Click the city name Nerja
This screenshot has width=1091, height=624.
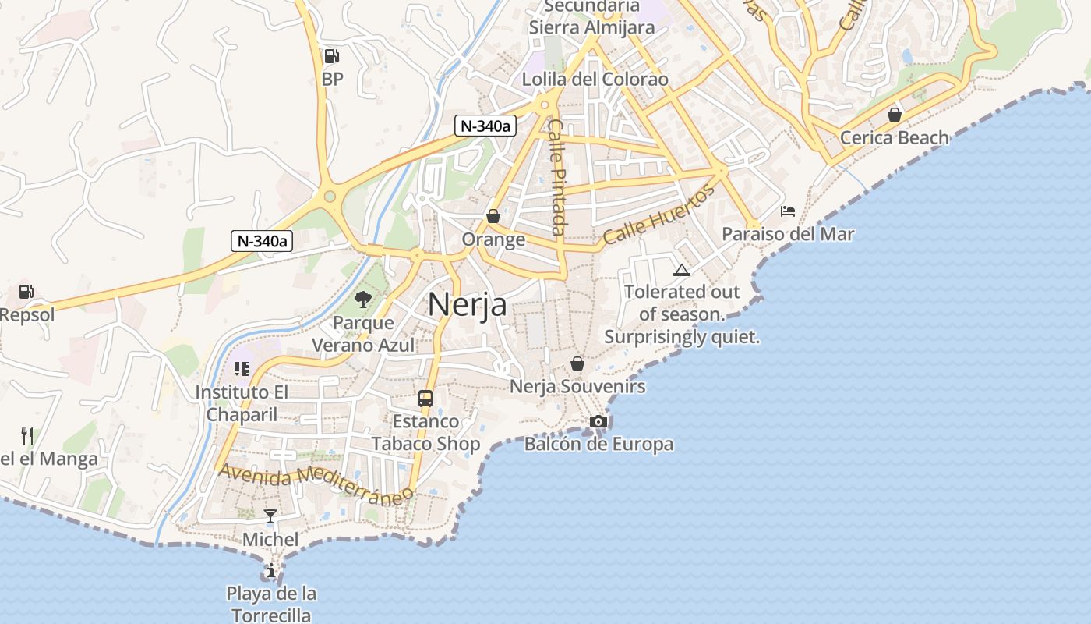pyautogui.click(x=468, y=304)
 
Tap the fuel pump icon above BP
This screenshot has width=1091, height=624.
pyautogui.click(x=331, y=56)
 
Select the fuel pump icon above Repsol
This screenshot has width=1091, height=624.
pyautogui.click(x=26, y=292)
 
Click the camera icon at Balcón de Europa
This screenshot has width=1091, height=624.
pyautogui.click(x=598, y=421)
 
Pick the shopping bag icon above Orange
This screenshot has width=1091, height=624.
pyautogui.click(x=493, y=216)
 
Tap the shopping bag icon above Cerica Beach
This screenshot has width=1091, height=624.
pyautogui.click(x=895, y=115)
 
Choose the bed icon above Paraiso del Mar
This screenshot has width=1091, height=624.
pyautogui.click(x=787, y=211)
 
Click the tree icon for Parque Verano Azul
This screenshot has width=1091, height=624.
pyautogui.click(x=362, y=299)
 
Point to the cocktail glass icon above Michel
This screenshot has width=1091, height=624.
pyautogui.click(x=270, y=516)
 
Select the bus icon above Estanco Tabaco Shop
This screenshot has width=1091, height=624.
pyautogui.click(x=425, y=398)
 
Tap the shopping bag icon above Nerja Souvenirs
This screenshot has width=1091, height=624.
pyautogui.click(x=577, y=363)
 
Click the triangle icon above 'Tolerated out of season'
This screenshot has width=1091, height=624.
pyautogui.click(x=682, y=270)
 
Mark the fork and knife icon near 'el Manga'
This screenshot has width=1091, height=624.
pyautogui.click(x=27, y=435)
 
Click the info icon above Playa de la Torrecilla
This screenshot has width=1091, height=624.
pyautogui.click(x=270, y=571)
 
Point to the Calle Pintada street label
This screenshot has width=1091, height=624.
pyautogui.click(x=556, y=176)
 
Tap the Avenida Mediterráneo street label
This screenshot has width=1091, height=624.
pyautogui.click(x=316, y=484)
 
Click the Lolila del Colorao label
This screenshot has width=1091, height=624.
pyautogui.click(x=595, y=80)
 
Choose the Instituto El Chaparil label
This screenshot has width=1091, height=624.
pyautogui.click(x=242, y=402)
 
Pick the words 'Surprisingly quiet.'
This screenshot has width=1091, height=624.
pyautogui.click(x=681, y=337)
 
